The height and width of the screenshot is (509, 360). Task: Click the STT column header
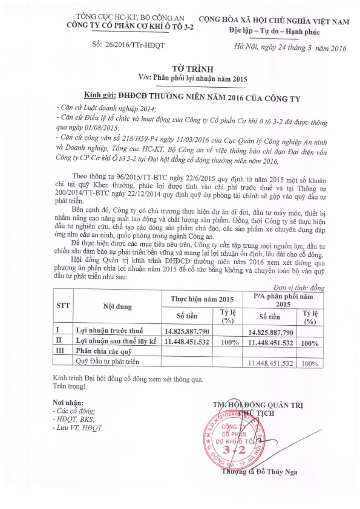[62, 306]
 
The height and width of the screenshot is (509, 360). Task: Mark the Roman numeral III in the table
[60, 352]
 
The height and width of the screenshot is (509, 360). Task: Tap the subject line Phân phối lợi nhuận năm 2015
[191, 78]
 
